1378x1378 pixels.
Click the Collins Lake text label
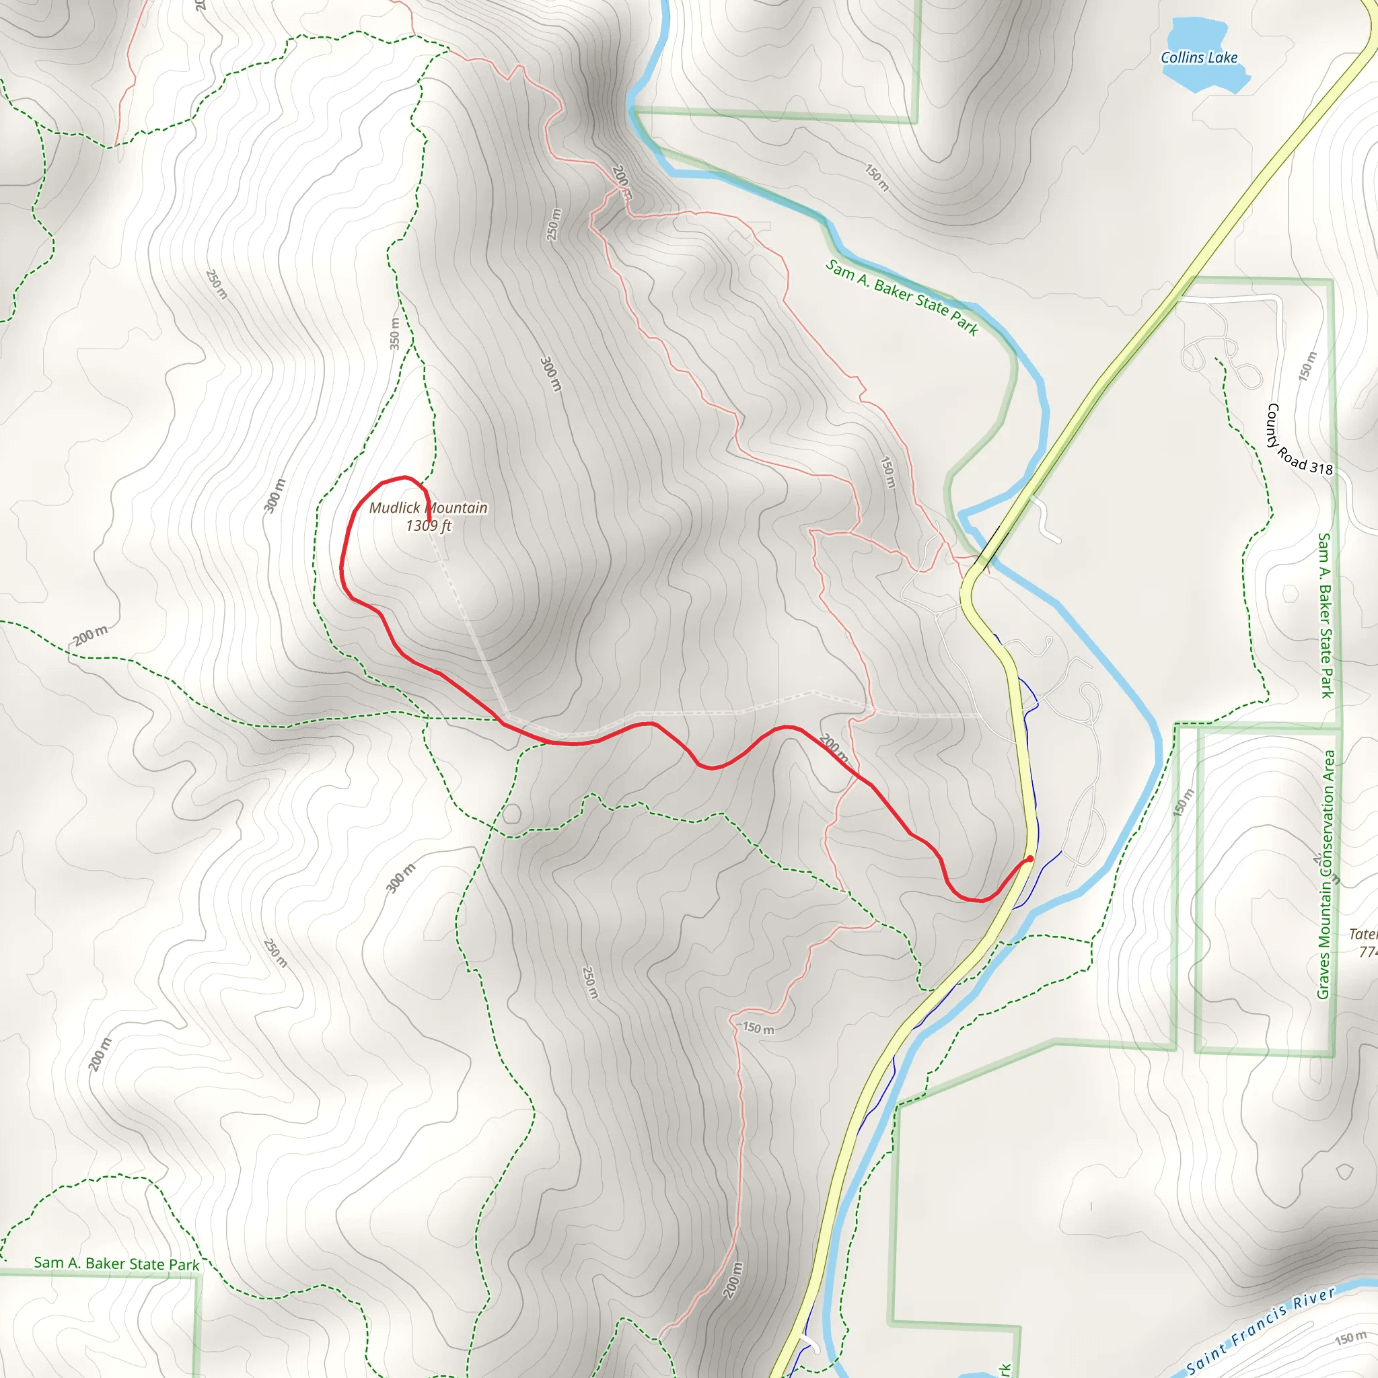pyautogui.click(x=1199, y=58)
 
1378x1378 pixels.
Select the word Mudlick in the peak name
pyautogui.click(x=394, y=508)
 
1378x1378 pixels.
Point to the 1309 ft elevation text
pyautogui.click(x=429, y=525)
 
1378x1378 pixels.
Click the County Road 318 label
pyautogui.click(x=1298, y=439)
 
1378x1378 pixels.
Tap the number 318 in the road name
pyautogui.click(x=1321, y=468)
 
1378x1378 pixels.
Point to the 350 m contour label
pyautogui.click(x=395, y=333)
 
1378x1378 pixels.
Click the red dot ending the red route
pyautogui.click(x=1030, y=859)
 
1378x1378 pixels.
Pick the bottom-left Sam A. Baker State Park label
pyautogui.click(x=116, y=1263)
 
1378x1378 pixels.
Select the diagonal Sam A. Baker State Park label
pyautogui.click(x=902, y=297)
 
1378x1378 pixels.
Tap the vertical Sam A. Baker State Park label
pyautogui.click(x=1326, y=615)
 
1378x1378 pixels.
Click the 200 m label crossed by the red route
pyautogui.click(x=833, y=747)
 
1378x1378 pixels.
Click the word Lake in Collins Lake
pyautogui.click(x=1223, y=58)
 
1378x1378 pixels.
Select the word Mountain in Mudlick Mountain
pyautogui.click(x=456, y=508)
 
